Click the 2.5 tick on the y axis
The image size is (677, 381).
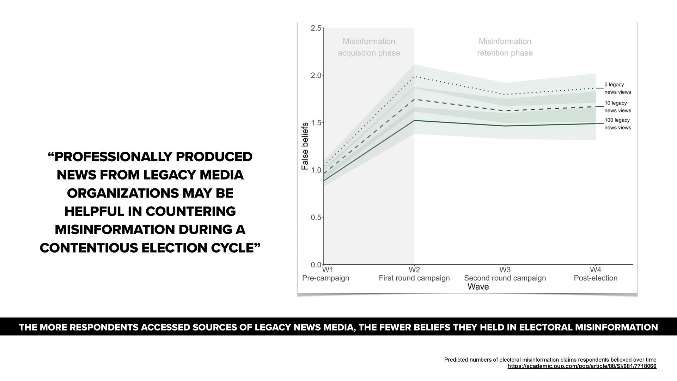[x=316, y=29]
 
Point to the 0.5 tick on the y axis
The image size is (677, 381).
[x=316, y=217]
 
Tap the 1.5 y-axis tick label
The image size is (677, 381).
[x=316, y=123]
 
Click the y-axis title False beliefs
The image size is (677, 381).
[x=305, y=146]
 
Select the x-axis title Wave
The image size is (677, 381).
[x=478, y=287]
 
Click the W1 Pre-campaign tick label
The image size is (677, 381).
[x=326, y=274]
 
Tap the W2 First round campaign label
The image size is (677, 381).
[x=414, y=274]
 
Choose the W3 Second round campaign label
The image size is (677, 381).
[x=505, y=274]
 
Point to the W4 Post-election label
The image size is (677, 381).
[x=596, y=274]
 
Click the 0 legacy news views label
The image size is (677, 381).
[x=617, y=88]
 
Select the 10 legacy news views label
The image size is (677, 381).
[x=617, y=107]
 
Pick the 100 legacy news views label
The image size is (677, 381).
[x=617, y=124]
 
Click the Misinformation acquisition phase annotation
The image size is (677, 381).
[x=369, y=47]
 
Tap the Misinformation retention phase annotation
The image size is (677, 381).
[x=505, y=47]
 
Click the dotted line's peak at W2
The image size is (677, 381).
[x=414, y=76]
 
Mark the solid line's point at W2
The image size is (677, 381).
[x=414, y=120]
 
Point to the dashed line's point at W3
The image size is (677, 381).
[x=505, y=111]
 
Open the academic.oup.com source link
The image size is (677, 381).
[x=582, y=367]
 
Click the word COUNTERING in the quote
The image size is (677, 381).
[x=190, y=211]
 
